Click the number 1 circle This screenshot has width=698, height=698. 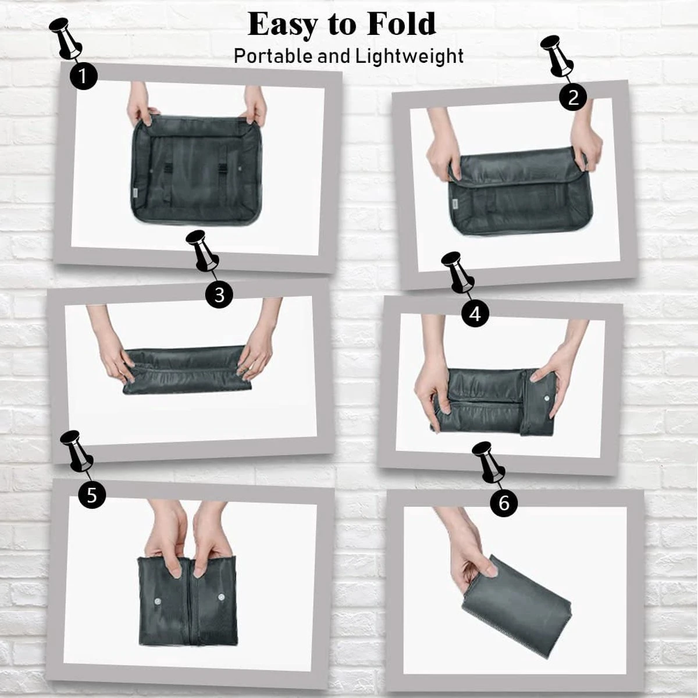click(84, 76)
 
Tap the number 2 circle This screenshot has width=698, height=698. click(573, 97)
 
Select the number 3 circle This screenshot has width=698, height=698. click(219, 295)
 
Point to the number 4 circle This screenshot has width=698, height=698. click(475, 314)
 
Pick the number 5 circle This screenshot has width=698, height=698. click(92, 495)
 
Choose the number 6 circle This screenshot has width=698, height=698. click(504, 503)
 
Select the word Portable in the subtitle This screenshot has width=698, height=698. click(273, 56)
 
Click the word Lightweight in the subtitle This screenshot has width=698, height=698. click(409, 56)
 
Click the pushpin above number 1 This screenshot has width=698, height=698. click(66, 38)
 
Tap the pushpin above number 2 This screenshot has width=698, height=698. click(557, 56)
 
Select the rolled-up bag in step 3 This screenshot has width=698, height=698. click(187, 370)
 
